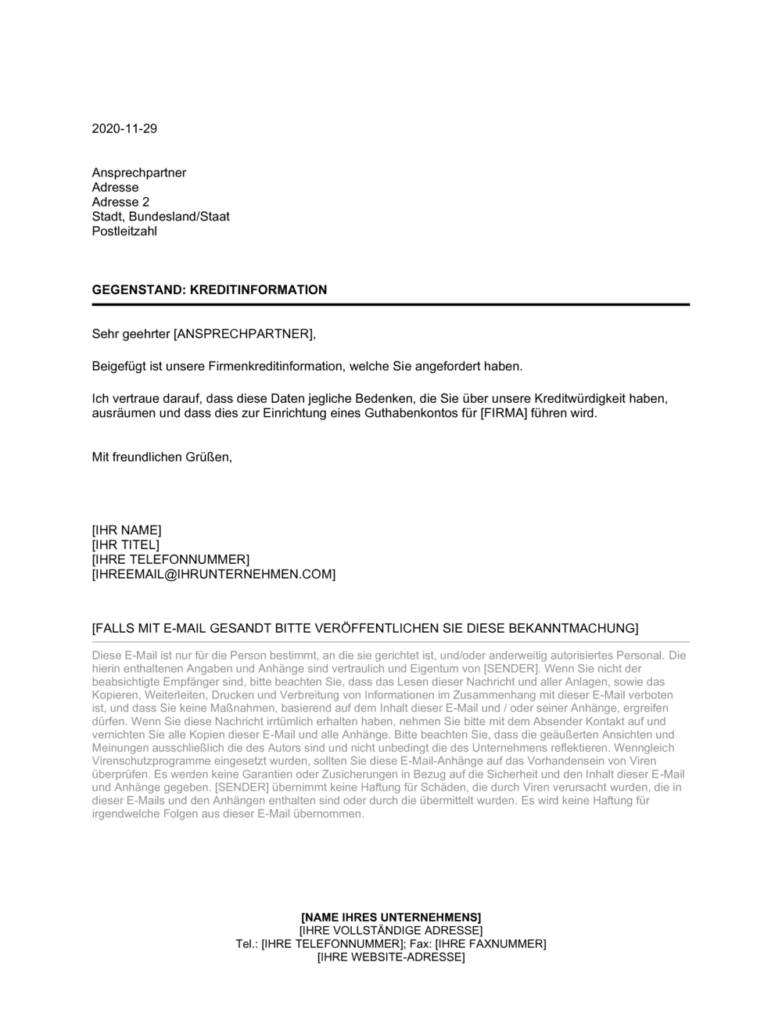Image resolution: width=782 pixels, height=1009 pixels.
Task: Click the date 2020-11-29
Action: point(124,129)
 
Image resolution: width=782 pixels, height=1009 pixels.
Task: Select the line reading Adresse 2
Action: point(120,202)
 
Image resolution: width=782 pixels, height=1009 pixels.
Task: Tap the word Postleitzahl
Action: point(124,232)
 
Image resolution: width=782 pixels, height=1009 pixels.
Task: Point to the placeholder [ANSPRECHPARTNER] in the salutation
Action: point(243,335)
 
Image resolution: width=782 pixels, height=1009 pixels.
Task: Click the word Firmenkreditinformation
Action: point(278,366)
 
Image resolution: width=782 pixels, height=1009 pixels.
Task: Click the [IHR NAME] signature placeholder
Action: point(127,530)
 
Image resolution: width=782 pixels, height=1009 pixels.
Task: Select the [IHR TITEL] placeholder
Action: point(125,545)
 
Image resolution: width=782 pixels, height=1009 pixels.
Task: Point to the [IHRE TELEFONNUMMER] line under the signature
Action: point(170,559)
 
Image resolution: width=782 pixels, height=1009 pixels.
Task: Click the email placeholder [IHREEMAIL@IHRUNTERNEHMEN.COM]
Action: point(213,574)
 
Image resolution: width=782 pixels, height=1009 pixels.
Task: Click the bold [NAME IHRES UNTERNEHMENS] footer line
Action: point(391,917)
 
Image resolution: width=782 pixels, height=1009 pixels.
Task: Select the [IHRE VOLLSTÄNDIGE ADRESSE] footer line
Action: point(391,931)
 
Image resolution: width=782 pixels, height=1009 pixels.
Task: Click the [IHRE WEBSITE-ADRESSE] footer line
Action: point(391,957)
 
